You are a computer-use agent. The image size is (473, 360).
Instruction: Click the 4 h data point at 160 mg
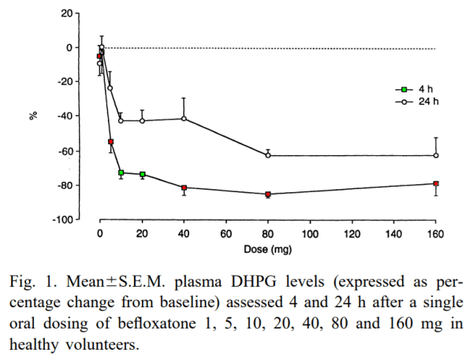pos(436,184)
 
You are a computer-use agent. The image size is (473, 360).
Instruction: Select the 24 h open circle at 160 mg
pos(436,155)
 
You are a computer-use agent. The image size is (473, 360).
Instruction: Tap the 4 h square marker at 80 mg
pos(268,194)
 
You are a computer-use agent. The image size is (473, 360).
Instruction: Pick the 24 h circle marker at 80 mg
pos(268,155)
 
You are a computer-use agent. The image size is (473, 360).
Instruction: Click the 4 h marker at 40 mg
pos(184,187)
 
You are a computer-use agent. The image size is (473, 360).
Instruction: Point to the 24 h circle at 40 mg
pos(184,119)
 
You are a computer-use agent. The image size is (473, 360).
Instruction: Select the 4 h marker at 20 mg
pos(142,174)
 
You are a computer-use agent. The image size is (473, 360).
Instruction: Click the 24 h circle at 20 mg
pos(142,121)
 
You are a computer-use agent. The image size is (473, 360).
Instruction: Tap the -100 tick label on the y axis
pos(63,220)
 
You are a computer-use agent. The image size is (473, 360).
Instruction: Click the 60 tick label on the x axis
pos(225,235)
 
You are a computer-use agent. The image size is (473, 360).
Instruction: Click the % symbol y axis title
pos(33,116)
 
